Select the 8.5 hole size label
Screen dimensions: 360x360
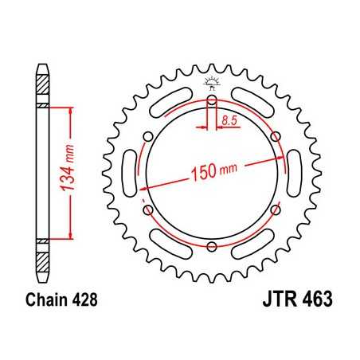pyautogui.click(x=229, y=120)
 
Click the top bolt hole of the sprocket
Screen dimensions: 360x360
pyautogui.click(x=212, y=101)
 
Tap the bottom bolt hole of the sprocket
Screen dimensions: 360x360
pyautogui.click(x=212, y=248)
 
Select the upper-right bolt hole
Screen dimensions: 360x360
pyautogui.click(x=276, y=138)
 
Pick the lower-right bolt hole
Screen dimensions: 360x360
pyautogui.click(x=276, y=211)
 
